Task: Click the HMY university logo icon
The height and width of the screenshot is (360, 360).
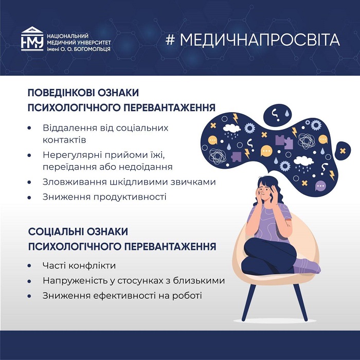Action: [x=32, y=39]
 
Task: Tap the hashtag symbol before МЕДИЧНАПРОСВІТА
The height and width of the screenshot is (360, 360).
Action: [x=170, y=40]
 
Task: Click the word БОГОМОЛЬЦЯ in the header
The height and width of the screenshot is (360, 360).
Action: [x=92, y=49]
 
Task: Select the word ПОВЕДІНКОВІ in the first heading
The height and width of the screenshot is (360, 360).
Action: [x=60, y=93]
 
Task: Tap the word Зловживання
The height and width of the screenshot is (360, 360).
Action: [x=75, y=182]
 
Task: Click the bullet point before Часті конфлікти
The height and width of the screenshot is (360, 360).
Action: [x=29, y=266]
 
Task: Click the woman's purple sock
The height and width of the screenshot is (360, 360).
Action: [x=307, y=266]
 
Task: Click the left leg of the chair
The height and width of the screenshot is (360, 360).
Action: [x=248, y=302]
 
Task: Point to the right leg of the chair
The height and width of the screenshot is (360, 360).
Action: [x=301, y=302]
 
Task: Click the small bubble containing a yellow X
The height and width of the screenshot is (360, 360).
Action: [x=343, y=151]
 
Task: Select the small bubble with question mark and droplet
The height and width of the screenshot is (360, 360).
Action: [x=277, y=115]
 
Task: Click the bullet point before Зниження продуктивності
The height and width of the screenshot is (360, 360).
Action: [x=29, y=197]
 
